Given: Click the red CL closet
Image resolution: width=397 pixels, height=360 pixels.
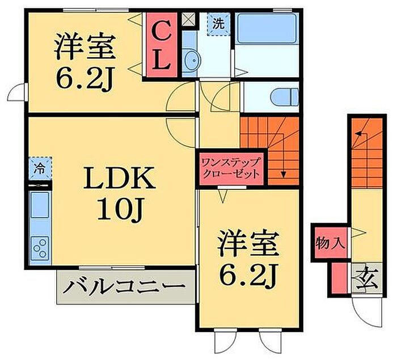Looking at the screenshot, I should [x=161, y=45].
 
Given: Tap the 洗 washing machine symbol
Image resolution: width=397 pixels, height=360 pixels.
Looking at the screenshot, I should [x=218, y=25].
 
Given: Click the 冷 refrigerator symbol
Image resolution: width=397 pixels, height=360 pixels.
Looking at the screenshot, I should [x=40, y=169].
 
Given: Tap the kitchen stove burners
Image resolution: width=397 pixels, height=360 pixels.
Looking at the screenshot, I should [x=40, y=248].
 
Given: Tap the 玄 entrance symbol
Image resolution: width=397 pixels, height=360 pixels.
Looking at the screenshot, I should [x=361, y=278].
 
